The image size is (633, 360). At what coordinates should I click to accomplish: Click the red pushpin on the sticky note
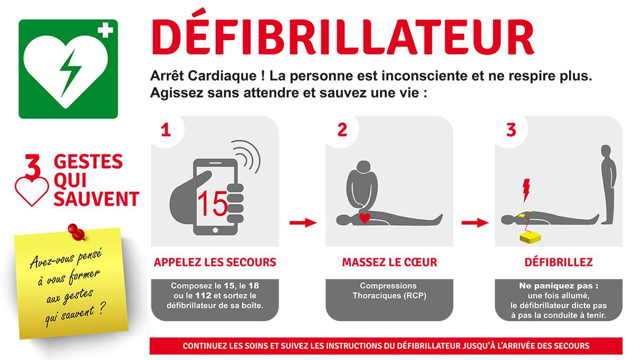pos(76,232)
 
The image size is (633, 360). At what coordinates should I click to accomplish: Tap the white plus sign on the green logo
pos(105,30)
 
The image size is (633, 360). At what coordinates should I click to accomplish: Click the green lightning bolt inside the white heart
pos(70,73)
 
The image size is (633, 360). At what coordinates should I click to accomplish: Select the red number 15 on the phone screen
pos(212,203)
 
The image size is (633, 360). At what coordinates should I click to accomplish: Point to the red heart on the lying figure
pos(365,218)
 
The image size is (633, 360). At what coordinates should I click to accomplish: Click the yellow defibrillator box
pos(530,237)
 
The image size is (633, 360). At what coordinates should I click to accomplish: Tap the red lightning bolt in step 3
pos(526,190)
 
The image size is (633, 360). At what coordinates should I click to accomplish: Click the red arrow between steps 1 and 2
pos(303,222)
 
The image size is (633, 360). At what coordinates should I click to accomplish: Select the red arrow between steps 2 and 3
pos(475,222)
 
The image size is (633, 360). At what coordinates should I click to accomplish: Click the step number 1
pos(166,130)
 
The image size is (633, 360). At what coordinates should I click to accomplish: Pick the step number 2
pos(342,130)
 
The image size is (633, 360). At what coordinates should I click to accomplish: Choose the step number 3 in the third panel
pos(511,130)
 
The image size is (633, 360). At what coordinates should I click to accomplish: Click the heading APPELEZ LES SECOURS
pos(215,262)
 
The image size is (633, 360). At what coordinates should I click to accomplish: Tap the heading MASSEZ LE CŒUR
pos(389,262)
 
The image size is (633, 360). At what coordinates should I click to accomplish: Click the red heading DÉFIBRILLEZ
pos(559,262)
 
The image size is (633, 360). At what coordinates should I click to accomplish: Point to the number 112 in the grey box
pos(203,296)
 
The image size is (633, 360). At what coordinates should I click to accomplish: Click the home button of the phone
pos(215,230)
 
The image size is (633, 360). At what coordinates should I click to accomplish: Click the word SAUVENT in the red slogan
pos(97,199)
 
